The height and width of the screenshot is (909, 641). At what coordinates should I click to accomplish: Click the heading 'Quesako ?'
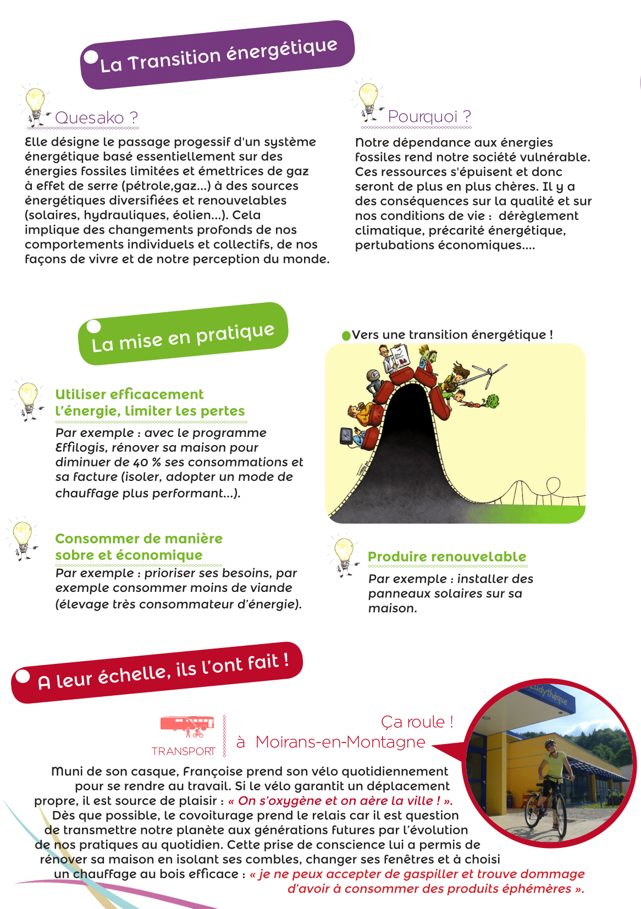(96, 118)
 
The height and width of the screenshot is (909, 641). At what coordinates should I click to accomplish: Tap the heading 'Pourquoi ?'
(429, 117)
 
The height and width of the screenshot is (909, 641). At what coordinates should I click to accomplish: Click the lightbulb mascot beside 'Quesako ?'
(36, 104)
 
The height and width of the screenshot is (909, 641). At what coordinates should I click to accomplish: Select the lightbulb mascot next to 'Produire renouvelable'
(344, 556)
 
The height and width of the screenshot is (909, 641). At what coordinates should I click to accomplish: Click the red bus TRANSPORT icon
(187, 725)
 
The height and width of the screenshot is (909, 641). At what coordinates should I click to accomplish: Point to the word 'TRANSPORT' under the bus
(184, 751)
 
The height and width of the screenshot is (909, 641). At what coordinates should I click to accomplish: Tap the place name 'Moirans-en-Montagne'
(340, 742)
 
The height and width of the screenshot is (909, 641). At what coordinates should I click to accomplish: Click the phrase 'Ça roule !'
(417, 722)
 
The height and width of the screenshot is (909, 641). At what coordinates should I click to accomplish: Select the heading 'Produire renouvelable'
(447, 557)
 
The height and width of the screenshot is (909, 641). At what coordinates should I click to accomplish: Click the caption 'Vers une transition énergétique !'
(452, 335)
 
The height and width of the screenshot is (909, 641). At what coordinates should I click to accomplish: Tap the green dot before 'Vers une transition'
(346, 335)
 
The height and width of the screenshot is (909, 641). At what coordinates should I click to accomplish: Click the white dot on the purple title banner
(91, 57)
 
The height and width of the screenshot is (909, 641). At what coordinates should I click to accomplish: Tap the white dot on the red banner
(22, 676)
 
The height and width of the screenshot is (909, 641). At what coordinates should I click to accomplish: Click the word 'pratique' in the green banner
(235, 333)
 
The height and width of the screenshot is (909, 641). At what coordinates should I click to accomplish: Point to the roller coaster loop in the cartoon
(553, 485)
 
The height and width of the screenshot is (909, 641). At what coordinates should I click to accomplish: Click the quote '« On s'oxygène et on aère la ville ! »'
(340, 801)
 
